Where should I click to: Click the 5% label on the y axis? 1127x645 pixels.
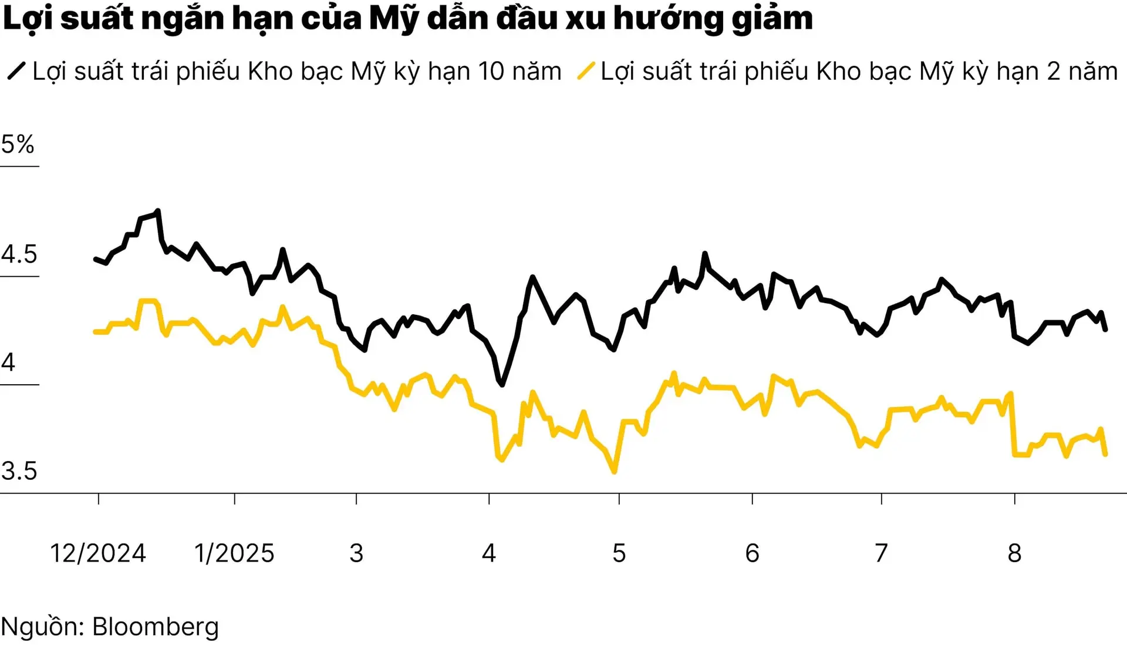(18, 145)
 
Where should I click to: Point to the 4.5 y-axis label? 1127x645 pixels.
(19, 254)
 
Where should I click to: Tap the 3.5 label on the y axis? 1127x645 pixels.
(19, 471)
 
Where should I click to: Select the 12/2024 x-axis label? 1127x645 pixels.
(97, 553)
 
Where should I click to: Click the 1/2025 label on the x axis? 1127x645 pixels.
(234, 553)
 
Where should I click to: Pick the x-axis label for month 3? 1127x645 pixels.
(356, 553)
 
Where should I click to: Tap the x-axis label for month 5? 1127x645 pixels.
(619, 553)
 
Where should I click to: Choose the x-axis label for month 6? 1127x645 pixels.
(752, 553)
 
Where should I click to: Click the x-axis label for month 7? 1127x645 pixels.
(881, 553)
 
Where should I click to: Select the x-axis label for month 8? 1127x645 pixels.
(1014, 553)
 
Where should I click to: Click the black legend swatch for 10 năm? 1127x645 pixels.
(16, 71)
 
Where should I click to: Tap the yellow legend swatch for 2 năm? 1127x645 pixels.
(586, 71)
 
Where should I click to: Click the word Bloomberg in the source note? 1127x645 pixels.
(156, 627)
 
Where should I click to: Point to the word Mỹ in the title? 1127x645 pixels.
(394, 19)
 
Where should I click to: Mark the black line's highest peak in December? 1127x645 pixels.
(158, 211)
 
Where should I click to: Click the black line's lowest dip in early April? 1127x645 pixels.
(502, 385)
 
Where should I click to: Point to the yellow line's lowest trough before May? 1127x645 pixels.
(615, 471)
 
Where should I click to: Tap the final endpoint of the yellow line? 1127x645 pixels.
(1106, 454)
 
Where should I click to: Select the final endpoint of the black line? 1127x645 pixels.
(1106, 330)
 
